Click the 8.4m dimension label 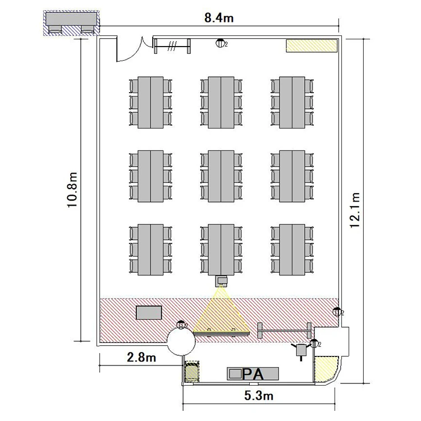click(x=219, y=18)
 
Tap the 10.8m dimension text click(x=72, y=190)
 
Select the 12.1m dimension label click(x=355, y=210)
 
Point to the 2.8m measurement click(x=141, y=358)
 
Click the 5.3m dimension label click(x=259, y=396)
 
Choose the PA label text click(x=253, y=374)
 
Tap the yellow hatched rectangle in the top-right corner click(x=312, y=45)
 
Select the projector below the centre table click(x=222, y=281)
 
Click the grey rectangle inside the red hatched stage click(x=149, y=313)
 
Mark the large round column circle click(x=181, y=341)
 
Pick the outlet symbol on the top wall click(x=220, y=43)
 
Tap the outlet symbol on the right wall click(x=337, y=312)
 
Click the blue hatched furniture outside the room click(x=71, y=23)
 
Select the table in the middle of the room click(x=221, y=176)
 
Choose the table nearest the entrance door click(x=150, y=102)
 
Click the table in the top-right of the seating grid click(x=292, y=102)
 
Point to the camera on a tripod click(x=301, y=350)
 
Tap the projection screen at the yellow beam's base click(x=222, y=333)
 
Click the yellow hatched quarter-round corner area click(x=326, y=369)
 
